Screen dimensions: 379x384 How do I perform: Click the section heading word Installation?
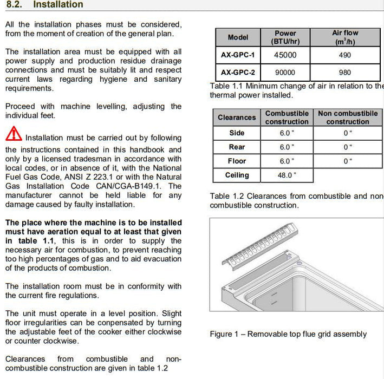tap(58, 5)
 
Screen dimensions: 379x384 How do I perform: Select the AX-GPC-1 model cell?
tap(238, 55)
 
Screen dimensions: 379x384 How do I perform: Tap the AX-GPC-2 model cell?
tap(238, 73)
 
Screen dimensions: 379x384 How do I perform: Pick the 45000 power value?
tap(285, 55)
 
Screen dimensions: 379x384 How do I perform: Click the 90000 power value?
tap(285, 73)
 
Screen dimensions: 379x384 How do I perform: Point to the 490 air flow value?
tap(344, 55)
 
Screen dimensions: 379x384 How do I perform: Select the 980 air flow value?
tap(344, 73)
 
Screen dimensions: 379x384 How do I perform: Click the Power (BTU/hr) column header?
tap(285, 37)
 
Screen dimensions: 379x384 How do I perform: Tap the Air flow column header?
tap(344, 37)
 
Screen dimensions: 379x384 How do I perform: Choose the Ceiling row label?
tap(237, 175)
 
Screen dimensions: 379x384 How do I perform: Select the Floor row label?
tap(237, 161)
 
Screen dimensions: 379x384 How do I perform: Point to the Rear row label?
tap(237, 147)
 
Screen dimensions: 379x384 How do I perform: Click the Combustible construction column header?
tap(287, 117)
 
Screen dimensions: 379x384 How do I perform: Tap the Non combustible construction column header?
tap(348, 117)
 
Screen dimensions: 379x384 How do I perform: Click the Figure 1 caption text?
tap(288, 334)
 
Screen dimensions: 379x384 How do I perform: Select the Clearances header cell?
tap(237, 117)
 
